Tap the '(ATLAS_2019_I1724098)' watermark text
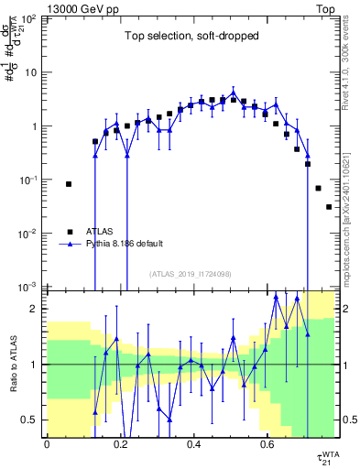[x=191, y=274]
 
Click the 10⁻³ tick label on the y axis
[x=28, y=287]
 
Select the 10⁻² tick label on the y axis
[x=28, y=234]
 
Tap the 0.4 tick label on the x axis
[x=193, y=444]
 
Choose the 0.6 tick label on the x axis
[x=267, y=444]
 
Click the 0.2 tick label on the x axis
[x=120, y=444]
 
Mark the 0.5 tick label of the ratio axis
[x=31, y=420]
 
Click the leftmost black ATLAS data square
[x=69, y=184]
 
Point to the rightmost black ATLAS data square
[x=329, y=207]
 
